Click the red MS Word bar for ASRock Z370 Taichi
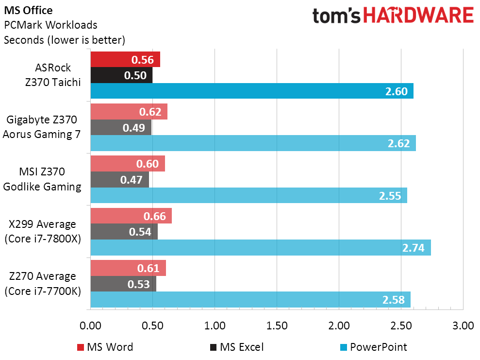tap(126, 59)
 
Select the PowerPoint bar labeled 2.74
tap(261, 248)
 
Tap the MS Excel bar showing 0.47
tap(120, 180)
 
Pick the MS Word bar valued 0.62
tap(129, 112)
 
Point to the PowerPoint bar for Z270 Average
tap(251, 300)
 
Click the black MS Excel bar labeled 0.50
tap(122, 75)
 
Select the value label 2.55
tap(390, 196)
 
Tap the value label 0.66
tap(155, 216)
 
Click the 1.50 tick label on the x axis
tap(277, 326)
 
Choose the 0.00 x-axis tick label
tap(90, 326)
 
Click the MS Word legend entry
tap(105, 347)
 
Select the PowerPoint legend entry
tap(374, 347)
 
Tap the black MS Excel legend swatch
tap(213, 347)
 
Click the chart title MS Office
tap(28, 10)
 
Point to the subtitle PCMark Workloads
tap(50, 25)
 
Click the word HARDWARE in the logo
tap(418, 16)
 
